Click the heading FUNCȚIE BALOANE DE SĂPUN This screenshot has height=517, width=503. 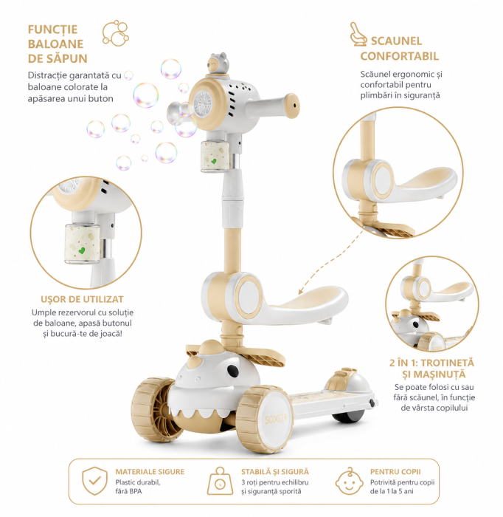58,44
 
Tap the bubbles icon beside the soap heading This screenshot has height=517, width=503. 115,33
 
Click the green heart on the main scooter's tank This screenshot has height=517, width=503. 213,161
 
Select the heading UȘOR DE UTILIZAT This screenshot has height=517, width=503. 82,299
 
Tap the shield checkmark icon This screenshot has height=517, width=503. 95,481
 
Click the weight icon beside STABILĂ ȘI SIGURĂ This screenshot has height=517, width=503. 220,481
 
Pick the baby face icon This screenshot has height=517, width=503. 349,481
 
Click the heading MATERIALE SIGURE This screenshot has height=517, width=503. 150,472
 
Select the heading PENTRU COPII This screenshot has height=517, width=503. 395,472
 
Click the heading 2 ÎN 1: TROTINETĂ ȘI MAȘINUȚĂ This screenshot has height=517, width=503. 431,369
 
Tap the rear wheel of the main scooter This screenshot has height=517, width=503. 347,416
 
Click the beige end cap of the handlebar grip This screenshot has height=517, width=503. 291,106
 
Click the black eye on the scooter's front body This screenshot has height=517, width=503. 233,371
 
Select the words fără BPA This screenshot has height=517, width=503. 129,491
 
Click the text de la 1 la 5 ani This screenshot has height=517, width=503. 392,491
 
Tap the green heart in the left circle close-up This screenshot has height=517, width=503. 82,250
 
